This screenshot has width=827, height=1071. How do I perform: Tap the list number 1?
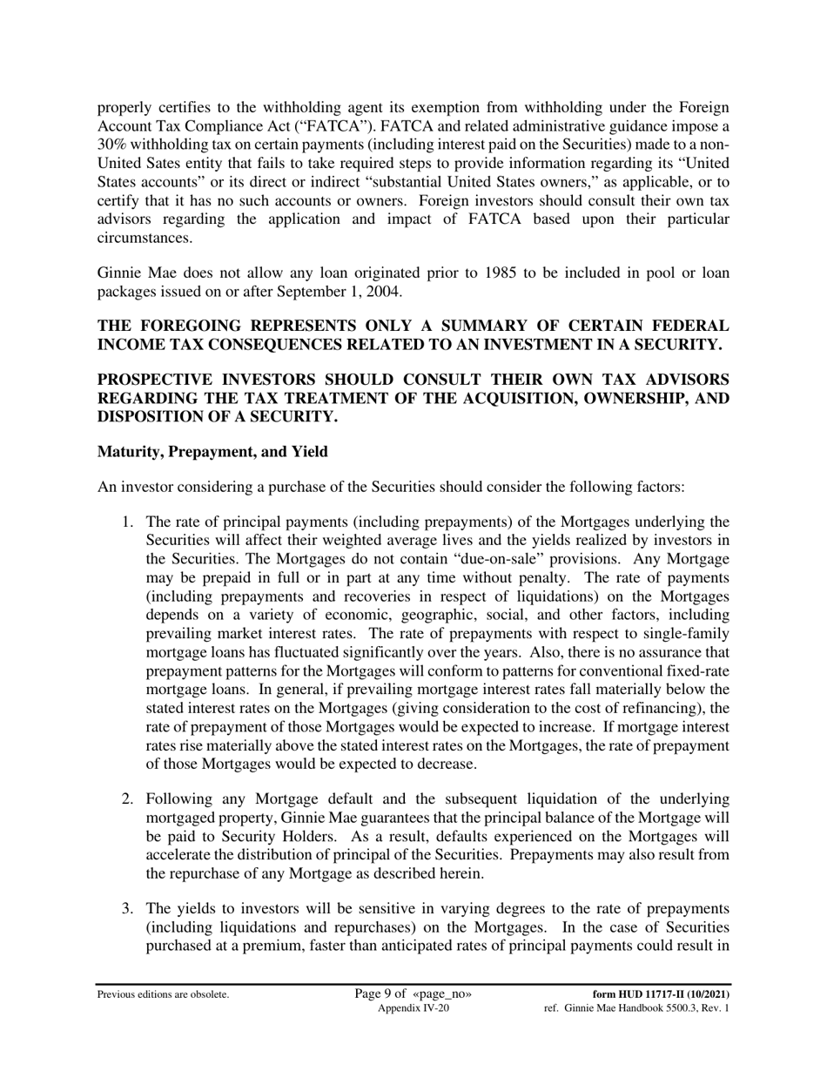tap(126, 522)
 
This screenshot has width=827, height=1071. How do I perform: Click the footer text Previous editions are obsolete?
tap(164, 994)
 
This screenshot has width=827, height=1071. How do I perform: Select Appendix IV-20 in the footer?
tap(413, 1008)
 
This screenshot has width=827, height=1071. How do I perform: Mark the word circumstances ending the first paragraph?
tap(143, 237)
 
